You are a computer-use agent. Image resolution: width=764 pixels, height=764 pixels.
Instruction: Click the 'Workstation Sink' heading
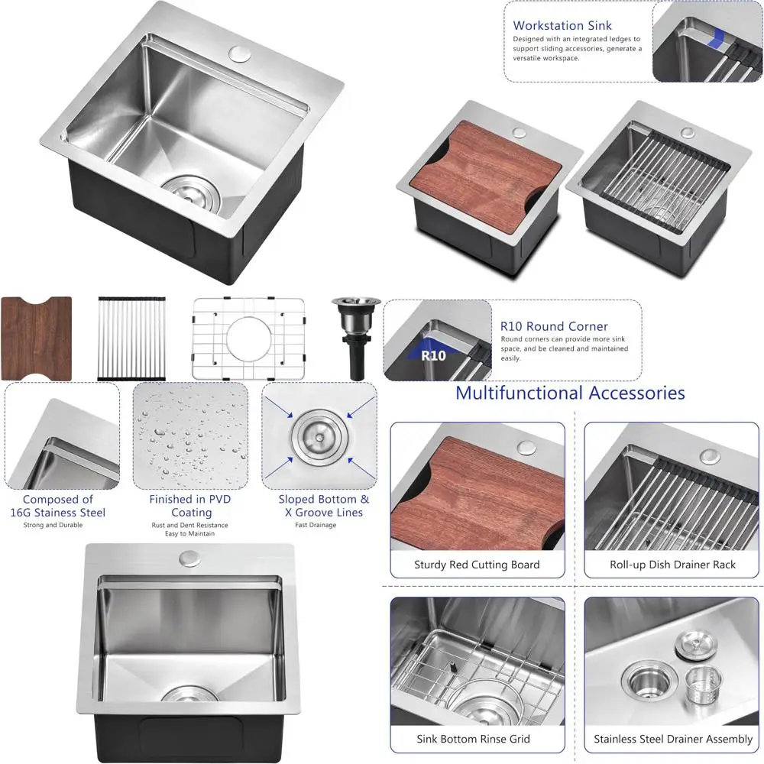(x=562, y=25)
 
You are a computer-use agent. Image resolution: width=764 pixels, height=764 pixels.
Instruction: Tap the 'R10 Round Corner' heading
(x=554, y=326)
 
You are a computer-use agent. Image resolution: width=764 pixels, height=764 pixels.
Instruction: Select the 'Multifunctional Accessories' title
(x=570, y=393)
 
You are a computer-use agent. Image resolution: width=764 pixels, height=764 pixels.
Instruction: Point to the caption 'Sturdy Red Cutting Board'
(x=477, y=565)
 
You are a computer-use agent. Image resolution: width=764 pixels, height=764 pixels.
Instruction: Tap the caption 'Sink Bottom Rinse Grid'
(x=473, y=739)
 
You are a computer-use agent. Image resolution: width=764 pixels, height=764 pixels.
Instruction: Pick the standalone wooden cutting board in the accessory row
(x=36, y=338)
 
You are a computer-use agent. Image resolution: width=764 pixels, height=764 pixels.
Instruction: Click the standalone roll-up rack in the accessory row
(x=132, y=338)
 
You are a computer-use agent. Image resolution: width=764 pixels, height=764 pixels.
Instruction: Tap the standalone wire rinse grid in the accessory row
(x=248, y=338)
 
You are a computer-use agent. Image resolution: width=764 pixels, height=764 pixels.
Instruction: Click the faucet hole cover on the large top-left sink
(x=239, y=54)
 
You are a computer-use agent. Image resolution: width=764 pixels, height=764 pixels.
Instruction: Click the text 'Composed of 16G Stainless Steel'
(x=58, y=506)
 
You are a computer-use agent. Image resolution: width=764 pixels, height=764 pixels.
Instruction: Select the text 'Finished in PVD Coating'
(x=190, y=506)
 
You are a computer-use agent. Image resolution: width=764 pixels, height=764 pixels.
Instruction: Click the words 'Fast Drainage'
(x=316, y=525)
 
